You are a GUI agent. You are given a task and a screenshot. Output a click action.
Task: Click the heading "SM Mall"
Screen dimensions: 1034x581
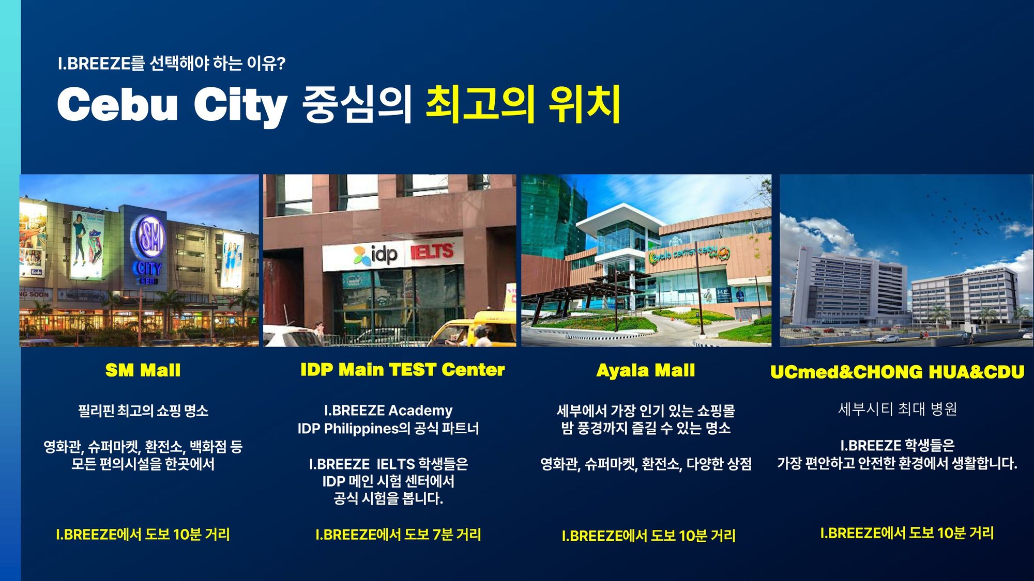click(x=143, y=370)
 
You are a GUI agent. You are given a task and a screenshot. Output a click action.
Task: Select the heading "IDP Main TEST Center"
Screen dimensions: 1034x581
click(x=402, y=370)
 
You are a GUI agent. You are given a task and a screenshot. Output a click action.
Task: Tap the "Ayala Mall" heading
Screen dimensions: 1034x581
click(x=645, y=370)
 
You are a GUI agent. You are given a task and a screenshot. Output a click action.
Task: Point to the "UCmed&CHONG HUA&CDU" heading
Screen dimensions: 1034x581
click(x=897, y=372)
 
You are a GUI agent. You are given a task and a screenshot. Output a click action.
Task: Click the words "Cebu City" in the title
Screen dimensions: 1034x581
click(x=172, y=104)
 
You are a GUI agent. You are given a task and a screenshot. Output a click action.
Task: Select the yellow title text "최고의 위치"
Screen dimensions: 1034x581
click(x=523, y=104)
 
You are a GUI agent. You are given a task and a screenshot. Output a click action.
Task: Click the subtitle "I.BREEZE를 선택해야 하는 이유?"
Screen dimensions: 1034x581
click(x=171, y=64)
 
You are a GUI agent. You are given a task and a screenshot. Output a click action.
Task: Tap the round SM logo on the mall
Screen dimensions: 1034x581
click(x=151, y=237)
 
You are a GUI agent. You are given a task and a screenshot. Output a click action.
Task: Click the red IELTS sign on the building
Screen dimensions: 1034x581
click(x=432, y=252)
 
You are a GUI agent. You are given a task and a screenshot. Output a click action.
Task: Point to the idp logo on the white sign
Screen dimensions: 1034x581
click(x=376, y=255)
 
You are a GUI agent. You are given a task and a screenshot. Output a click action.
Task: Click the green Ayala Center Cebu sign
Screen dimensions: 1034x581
click(x=689, y=253)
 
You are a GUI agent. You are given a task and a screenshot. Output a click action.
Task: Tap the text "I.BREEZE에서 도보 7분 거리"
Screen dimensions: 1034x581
click(x=398, y=535)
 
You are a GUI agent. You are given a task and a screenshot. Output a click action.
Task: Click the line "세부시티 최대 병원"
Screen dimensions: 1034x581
click(x=897, y=409)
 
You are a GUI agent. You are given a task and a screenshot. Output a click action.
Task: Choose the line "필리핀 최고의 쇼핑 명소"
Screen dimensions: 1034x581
click(x=143, y=411)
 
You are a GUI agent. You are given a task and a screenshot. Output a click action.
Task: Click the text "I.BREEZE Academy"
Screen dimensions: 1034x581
click(x=388, y=411)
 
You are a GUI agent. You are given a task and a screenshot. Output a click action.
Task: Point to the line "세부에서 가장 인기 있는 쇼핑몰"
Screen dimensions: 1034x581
click(x=645, y=411)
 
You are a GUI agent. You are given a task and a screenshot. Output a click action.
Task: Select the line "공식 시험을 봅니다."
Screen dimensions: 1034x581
click(x=388, y=498)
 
